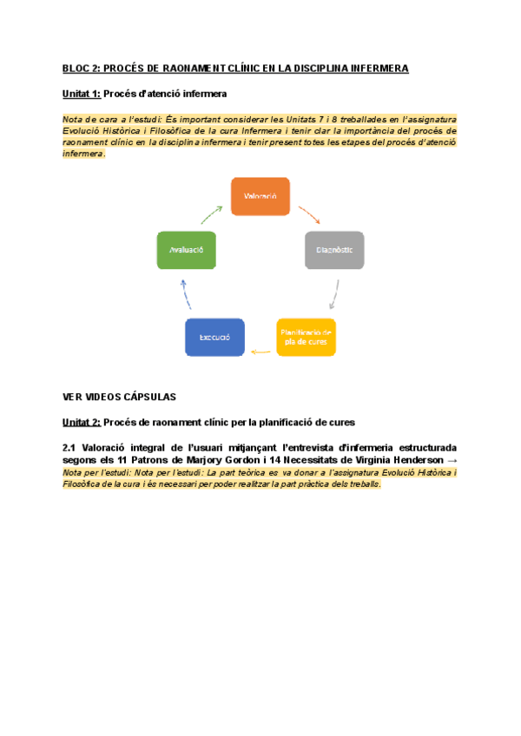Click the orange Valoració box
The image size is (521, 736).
point(260,196)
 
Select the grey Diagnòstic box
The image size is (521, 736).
point(334,250)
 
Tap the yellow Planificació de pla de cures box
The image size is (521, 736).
point(306,337)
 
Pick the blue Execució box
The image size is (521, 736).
point(214,337)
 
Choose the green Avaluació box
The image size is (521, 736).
point(186,250)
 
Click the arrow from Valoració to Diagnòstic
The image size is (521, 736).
point(309,214)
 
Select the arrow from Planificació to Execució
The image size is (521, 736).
point(260,352)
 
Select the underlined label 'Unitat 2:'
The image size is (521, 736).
point(82,423)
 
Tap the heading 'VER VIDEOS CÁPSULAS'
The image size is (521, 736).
point(119,397)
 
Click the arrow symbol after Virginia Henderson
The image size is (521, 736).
point(450,460)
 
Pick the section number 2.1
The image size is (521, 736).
point(69,447)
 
